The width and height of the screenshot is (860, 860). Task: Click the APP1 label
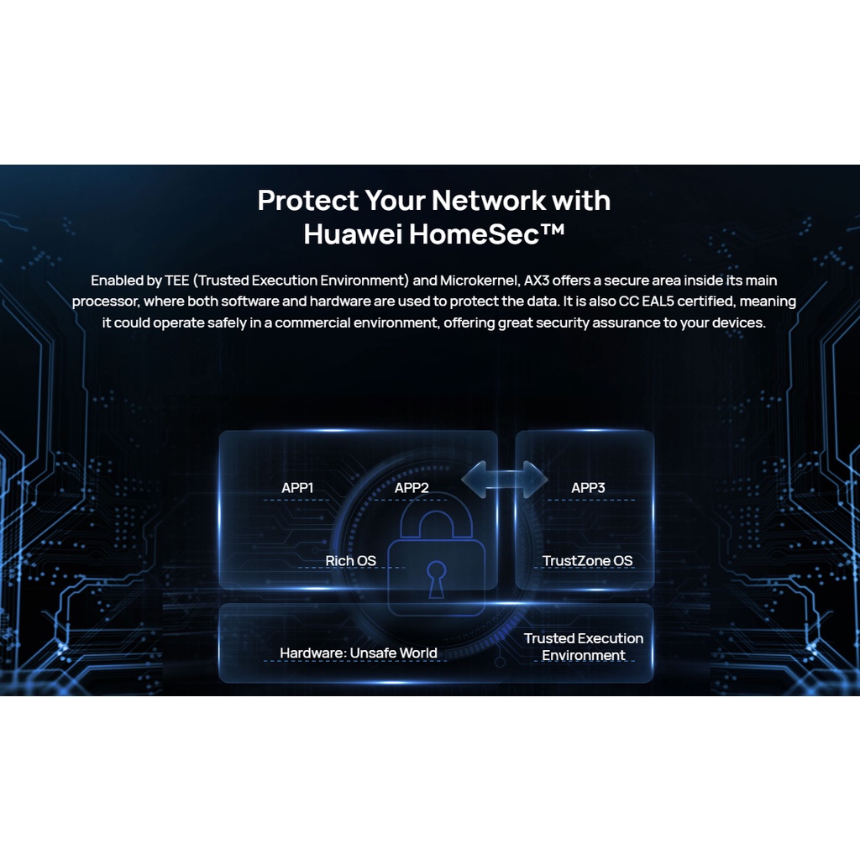click(297, 488)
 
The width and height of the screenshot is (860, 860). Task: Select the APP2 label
click(412, 488)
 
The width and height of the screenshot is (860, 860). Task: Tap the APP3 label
click(588, 488)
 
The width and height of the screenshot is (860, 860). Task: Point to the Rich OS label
click(351, 560)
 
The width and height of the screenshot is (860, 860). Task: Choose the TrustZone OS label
click(587, 560)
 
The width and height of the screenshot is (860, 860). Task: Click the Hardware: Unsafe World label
click(359, 653)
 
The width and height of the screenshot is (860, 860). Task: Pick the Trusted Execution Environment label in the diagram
click(584, 647)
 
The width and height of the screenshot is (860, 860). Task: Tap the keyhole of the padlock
click(437, 579)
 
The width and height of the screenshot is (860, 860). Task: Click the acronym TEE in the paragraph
click(177, 280)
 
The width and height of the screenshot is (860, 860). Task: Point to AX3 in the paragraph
click(538, 280)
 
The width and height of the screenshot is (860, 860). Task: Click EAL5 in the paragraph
click(666, 301)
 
